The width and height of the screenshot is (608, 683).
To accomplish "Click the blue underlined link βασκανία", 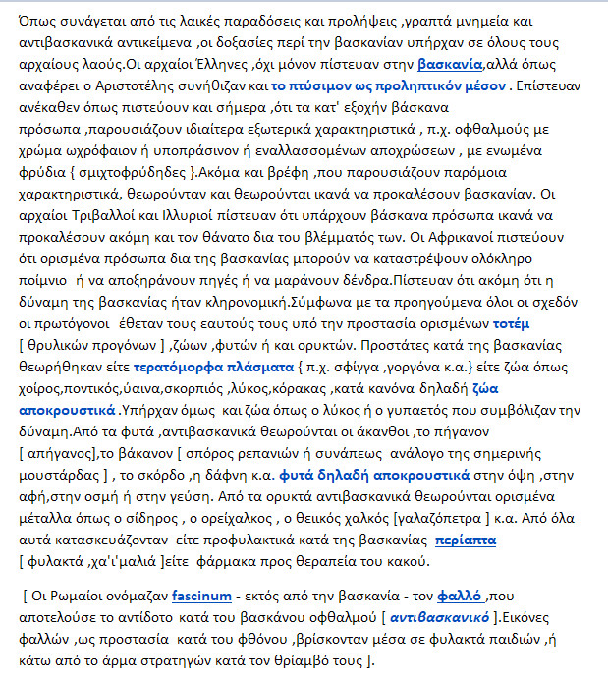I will pyautogui.click(x=451, y=65).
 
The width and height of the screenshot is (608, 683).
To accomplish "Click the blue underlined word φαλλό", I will pyautogui.click(x=460, y=596).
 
